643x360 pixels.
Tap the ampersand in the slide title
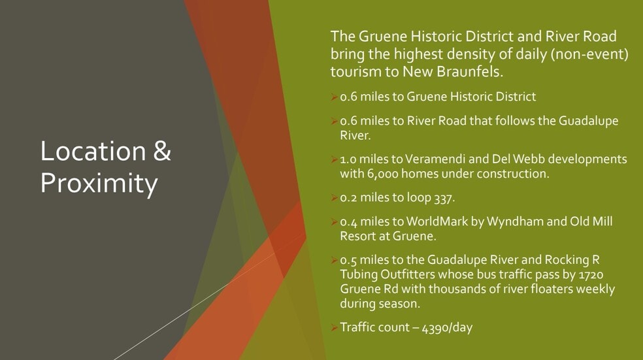click(x=162, y=151)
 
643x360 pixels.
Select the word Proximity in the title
click(x=99, y=184)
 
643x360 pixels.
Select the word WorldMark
click(x=435, y=221)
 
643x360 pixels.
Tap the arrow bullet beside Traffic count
click(x=335, y=327)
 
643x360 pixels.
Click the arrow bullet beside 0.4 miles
click(x=335, y=221)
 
